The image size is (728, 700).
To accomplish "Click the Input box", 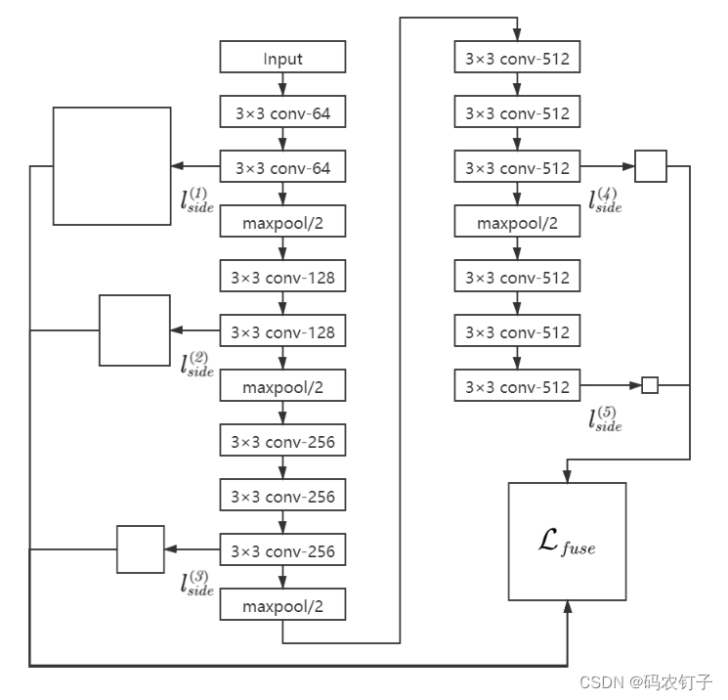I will (x=282, y=59).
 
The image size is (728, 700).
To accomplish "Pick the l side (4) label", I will (x=606, y=200).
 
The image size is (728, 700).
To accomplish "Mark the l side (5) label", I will (x=606, y=419).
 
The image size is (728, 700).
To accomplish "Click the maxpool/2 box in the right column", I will (x=517, y=223).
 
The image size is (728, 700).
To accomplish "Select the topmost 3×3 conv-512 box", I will (x=517, y=59).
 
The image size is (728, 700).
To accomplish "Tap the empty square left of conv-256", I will (x=141, y=548).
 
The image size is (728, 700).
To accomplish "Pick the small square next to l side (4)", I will (x=650, y=166).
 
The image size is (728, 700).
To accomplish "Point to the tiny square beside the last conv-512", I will (x=650, y=386).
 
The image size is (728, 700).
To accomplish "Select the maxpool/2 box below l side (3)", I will (x=282, y=606).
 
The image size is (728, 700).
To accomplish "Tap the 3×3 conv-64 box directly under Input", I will (x=282, y=113).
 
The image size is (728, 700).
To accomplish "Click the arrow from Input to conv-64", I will (x=282, y=85).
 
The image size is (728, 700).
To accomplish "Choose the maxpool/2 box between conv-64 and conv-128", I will (x=282, y=223).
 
